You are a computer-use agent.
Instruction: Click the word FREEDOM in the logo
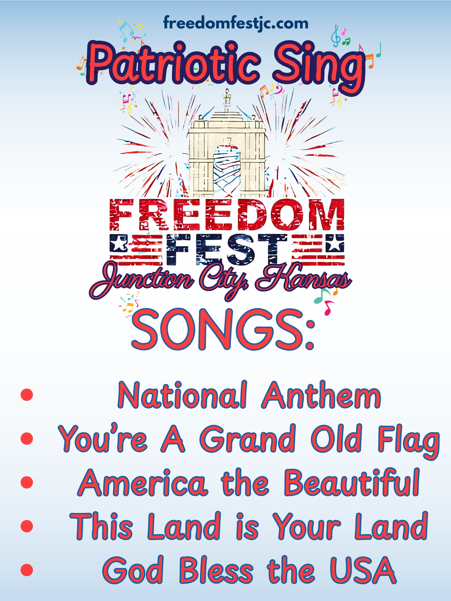pyautogui.click(x=227, y=215)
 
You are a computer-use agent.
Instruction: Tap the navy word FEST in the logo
pyautogui.click(x=227, y=249)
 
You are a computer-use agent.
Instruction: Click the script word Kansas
pyautogui.click(x=304, y=278)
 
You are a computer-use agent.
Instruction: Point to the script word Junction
pyautogui.click(x=141, y=280)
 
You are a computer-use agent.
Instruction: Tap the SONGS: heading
pyautogui.click(x=223, y=329)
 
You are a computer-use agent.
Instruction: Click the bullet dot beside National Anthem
pyautogui.click(x=27, y=395)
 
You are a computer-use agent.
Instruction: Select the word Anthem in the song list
pyautogui.click(x=321, y=395)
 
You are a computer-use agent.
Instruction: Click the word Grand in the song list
pyautogui.click(x=248, y=438)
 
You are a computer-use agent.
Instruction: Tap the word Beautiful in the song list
pyautogui.click(x=352, y=482)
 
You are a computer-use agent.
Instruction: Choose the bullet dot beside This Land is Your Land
pyautogui.click(x=27, y=526)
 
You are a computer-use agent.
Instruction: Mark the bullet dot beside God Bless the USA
pyautogui.click(x=27, y=570)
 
